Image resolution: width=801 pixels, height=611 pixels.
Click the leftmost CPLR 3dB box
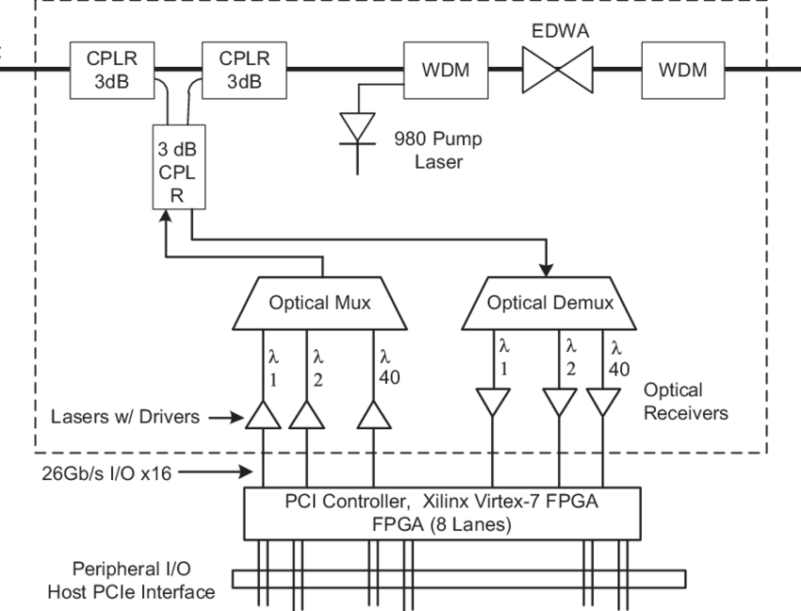tap(113, 70)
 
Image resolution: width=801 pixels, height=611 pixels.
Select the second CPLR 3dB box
tap(245, 70)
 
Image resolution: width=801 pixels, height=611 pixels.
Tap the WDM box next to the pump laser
tap(444, 70)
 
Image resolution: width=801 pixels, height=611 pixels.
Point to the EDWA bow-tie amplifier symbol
tap(557, 70)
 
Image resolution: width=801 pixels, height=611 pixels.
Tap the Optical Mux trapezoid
tap(320, 303)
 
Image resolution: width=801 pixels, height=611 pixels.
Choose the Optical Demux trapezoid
tap(550, 303)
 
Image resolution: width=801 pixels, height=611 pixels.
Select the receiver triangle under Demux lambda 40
tap(604, 403)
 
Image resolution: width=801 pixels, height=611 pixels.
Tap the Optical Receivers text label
tap(686, 401)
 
